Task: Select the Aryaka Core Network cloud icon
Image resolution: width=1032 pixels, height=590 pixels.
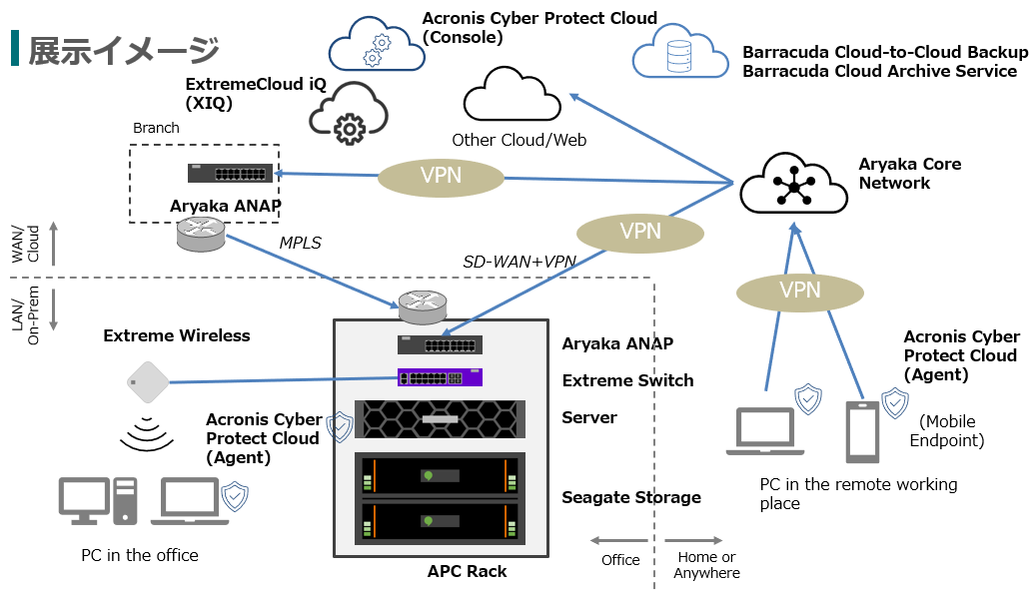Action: click(793, 184)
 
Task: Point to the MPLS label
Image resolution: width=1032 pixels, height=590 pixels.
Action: click(300, 242)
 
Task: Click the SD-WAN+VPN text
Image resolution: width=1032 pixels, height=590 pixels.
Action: click(519, 261)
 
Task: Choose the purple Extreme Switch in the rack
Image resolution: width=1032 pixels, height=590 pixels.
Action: click(441, 378)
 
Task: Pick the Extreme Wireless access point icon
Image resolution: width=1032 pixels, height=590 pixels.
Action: click(147, 381)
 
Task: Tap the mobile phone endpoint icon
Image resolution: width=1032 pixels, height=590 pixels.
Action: click(862, 432)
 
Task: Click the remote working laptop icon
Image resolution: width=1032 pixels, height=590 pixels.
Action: click(765, 431)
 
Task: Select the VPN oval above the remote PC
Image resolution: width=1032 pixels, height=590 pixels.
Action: click(799, 291)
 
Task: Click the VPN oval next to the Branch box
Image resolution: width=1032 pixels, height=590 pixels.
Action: click(441, 177)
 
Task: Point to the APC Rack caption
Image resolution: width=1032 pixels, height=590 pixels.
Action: click(467, 572)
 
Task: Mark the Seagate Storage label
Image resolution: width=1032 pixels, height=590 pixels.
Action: click(630, 497)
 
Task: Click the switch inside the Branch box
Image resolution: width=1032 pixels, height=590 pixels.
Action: click(230, 173)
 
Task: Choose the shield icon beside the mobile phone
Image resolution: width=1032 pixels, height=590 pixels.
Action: click(894, 402)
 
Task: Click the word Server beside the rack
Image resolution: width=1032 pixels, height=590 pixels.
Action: click(589, 417)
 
